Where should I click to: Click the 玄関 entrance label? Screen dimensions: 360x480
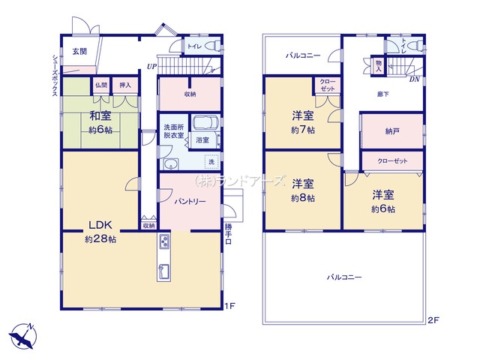coord(79,51)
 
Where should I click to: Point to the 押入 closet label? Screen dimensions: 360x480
coord(125,85)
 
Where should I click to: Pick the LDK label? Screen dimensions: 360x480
coord(100,225)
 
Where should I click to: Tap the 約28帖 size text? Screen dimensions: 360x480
coord(100,239)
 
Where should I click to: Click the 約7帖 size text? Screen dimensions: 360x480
coord(303,130)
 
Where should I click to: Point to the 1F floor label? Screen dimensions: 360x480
coord(232,305)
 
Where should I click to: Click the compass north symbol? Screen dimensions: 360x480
coord(23,335)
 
